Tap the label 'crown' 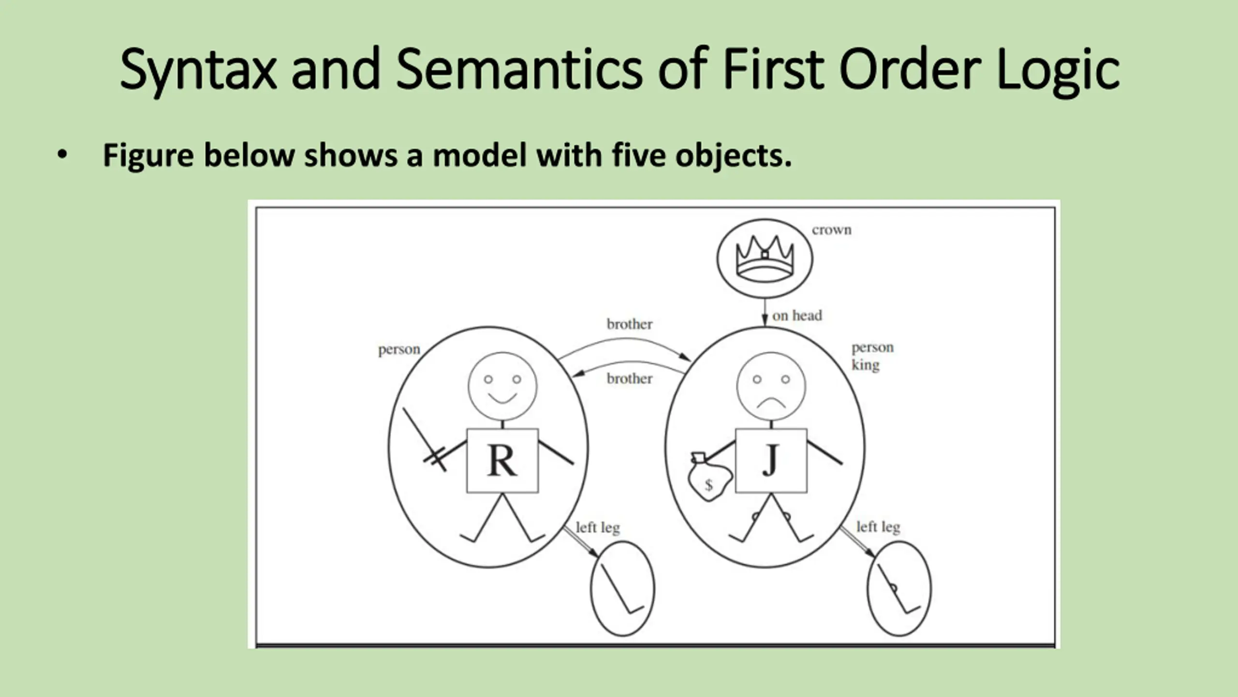[831, 230]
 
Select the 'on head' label [797, 316]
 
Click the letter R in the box [502, 461]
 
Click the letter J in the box [770, 460]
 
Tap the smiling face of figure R [502, 386]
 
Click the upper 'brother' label [629, 324]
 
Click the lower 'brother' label [629, 379]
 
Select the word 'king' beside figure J [865, 365]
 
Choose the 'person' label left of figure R [399, 349]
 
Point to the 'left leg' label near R [598, 528]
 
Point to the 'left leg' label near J [878, 527]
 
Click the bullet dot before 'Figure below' [62, 155]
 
